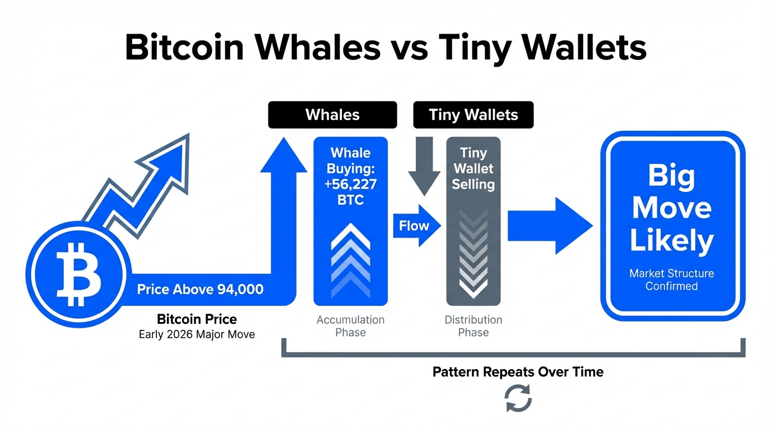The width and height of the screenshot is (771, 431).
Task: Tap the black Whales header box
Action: point(332,115)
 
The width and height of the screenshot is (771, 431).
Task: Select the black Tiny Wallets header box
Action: point(473,115)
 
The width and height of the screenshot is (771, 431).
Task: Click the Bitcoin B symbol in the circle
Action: point(79,274)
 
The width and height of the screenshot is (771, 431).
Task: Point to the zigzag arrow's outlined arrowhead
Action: point(169,159)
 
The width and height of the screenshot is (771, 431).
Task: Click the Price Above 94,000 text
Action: point(200,289)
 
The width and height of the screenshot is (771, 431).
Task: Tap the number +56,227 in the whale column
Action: point(350,184)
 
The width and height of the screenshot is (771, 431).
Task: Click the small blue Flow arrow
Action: point(417,226)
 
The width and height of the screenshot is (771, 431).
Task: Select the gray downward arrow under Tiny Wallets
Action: point(424,166)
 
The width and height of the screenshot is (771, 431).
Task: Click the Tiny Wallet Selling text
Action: point(473,168)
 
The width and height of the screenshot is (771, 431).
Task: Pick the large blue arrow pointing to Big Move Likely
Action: point(550,226)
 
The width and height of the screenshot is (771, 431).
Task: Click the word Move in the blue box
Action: point(671,208)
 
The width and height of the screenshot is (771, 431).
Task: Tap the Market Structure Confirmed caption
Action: point(671,279)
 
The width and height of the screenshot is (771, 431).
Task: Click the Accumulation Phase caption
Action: point(350,326)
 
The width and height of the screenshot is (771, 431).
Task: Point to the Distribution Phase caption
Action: point(473,326)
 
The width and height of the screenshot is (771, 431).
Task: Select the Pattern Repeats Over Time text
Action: point(518,372)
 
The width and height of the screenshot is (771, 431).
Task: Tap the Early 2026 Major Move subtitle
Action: point(197,334)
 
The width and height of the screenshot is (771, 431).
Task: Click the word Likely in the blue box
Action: point(671,241)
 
